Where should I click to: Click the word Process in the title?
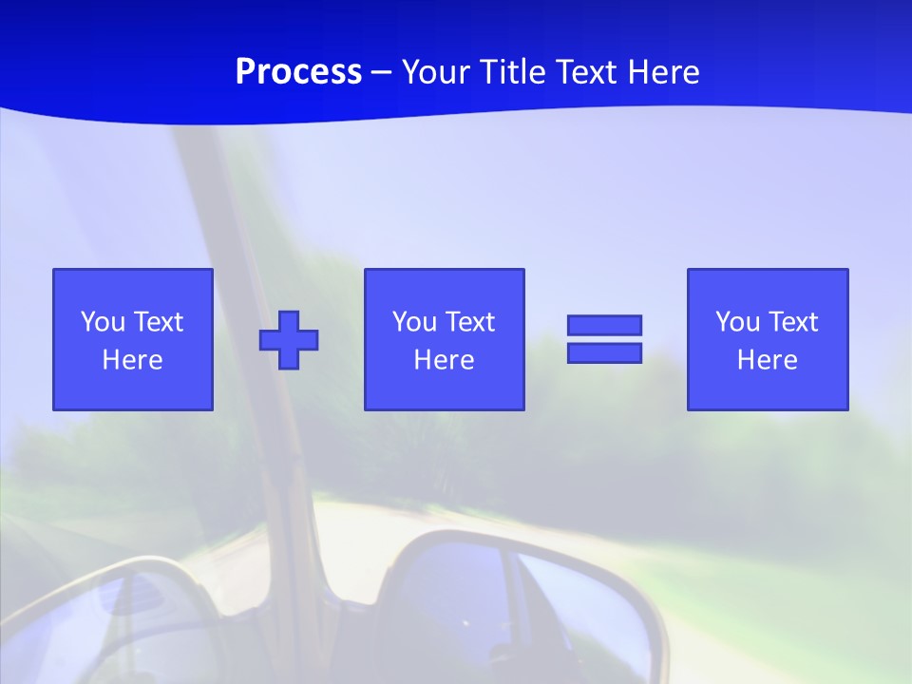(298, 72)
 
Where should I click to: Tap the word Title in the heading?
(512, 72)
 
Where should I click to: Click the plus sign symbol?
(289, 340)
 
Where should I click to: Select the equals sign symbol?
(604, 339)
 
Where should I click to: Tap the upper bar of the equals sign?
(604, 326)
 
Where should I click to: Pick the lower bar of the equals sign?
(604, 352)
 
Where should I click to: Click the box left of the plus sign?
(133, 339)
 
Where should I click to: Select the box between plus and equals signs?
(444, 339)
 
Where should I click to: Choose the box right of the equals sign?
(767, 339)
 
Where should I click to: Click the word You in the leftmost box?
(103, 322)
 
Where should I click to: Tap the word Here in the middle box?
(444, 360)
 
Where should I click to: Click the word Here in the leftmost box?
(133, 360)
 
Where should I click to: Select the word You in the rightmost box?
(737, 322)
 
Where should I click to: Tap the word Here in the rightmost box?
(767, 360)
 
